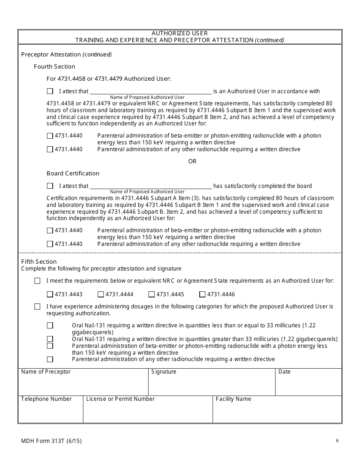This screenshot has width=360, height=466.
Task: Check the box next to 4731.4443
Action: coord(50,294)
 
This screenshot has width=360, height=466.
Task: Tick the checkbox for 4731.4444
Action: coord(101,294)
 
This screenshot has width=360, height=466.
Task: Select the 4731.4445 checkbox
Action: coord(152,294)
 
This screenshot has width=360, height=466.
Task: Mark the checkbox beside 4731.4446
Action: coord(202,294)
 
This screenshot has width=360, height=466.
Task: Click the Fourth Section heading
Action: coord(55,67)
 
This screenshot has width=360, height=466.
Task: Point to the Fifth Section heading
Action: coord(39,262)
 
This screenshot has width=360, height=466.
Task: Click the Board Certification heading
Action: coord(73,174)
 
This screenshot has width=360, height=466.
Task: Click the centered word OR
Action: coord(193,161)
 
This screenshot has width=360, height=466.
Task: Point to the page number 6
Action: coord(337,441)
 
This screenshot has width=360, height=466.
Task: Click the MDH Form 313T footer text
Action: coord(52,441)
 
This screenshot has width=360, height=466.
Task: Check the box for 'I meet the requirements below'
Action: coord(37,281)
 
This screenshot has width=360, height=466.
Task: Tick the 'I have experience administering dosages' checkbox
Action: coord(37,306)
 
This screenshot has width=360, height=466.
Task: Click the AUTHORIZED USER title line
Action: coord(180,33)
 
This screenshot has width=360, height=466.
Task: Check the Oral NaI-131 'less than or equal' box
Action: coord(50,325)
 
